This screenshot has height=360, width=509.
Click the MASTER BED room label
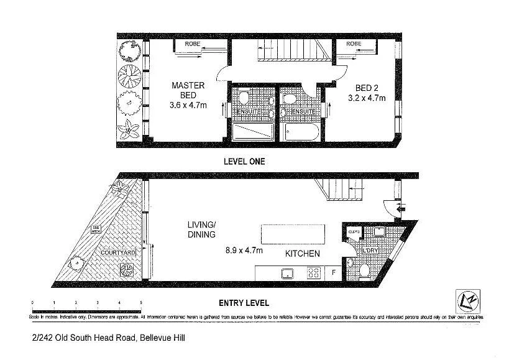(184, 90)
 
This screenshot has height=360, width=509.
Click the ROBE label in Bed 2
(354, 44)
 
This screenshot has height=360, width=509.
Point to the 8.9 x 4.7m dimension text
(243, 251)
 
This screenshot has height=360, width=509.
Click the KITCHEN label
(302, 254)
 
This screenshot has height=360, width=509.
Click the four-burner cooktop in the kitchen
(314, 272)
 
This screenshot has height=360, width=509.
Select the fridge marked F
(334, 272)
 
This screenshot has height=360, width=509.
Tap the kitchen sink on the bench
(288, 272)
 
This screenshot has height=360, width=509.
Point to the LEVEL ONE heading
(244, 161)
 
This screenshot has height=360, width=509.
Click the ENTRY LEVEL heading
(244, 303)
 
